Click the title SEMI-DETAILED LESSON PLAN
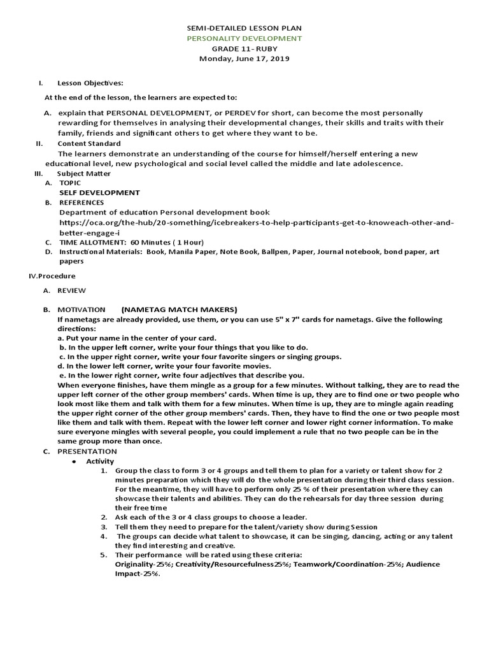[x=244, y=29]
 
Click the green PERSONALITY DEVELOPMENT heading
[x=244, y=39]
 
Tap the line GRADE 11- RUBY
[x=244, y=49]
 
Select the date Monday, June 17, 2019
[x=244, y=59]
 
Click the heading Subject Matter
[x=83, y=173]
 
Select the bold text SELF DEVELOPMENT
[x=99, y=192]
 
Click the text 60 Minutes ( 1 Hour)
[x=167, y=243]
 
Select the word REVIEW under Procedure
[x=71, y=290]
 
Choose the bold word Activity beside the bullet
[x=100, y=461]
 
